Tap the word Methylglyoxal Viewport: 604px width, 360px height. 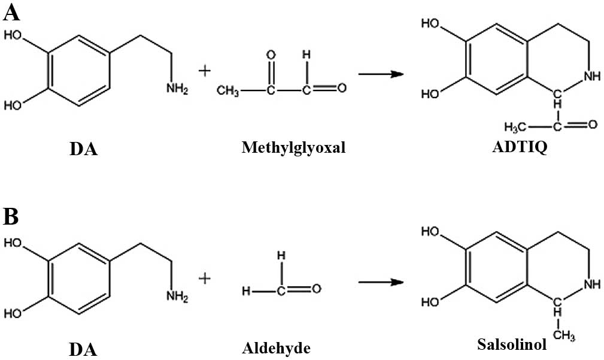[x=293, y=147]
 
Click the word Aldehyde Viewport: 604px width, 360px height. [x=278, y=347]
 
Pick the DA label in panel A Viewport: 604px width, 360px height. [x=83, y=149]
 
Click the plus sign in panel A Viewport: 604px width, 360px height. [x=205, y=71]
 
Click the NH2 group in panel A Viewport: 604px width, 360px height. [x=178, y=90]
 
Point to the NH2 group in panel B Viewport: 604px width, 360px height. [x=178, y=295]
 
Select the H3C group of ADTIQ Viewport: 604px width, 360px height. [x=516, y=126]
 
